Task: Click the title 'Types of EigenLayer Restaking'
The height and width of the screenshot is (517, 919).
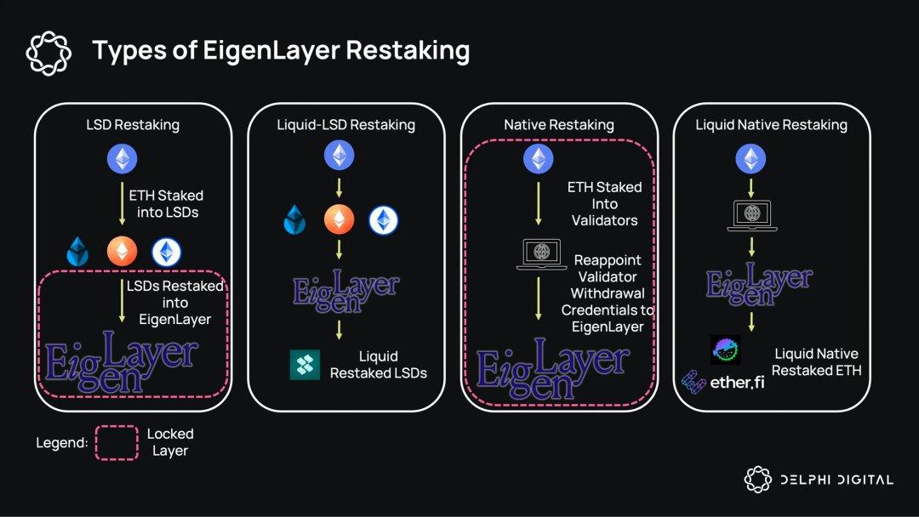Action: pyautogui.click(x=281, y=51)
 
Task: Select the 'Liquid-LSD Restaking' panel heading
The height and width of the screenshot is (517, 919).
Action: pyautogui.click(x=346, y=125)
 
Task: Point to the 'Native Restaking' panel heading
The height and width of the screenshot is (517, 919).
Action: pyautogui.click(x=558, y=125)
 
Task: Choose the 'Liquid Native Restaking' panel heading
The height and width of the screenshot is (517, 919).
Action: pyautogui.click(x=771, y=125)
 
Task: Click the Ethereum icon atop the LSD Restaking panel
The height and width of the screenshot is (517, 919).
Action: pyautogui.click(x=121, y=159)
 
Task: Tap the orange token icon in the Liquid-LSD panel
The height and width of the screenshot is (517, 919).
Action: pyautogui.click(x=340, y=220)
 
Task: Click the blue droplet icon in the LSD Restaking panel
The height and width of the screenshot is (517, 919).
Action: pyautogui.click(x=78, y=252)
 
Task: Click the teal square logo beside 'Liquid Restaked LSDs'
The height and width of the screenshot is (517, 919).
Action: pyautogui.click(x=305, y=364)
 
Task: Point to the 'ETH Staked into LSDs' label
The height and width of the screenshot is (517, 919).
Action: pyautogui.click(x=167, y=204)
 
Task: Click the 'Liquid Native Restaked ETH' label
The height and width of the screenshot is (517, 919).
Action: pyautogui.click(x=816, y=361)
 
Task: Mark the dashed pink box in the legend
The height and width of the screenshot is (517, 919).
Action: pyautogui.click(x=117, y=442)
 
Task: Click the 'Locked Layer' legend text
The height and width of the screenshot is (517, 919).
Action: pyautogui.click(x=170, y=442)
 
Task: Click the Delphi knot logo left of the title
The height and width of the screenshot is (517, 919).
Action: pyautogui.click(x=49, y=52)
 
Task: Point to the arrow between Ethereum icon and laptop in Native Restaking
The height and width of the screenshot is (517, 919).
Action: pyautogui.click(x=538, y=204)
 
